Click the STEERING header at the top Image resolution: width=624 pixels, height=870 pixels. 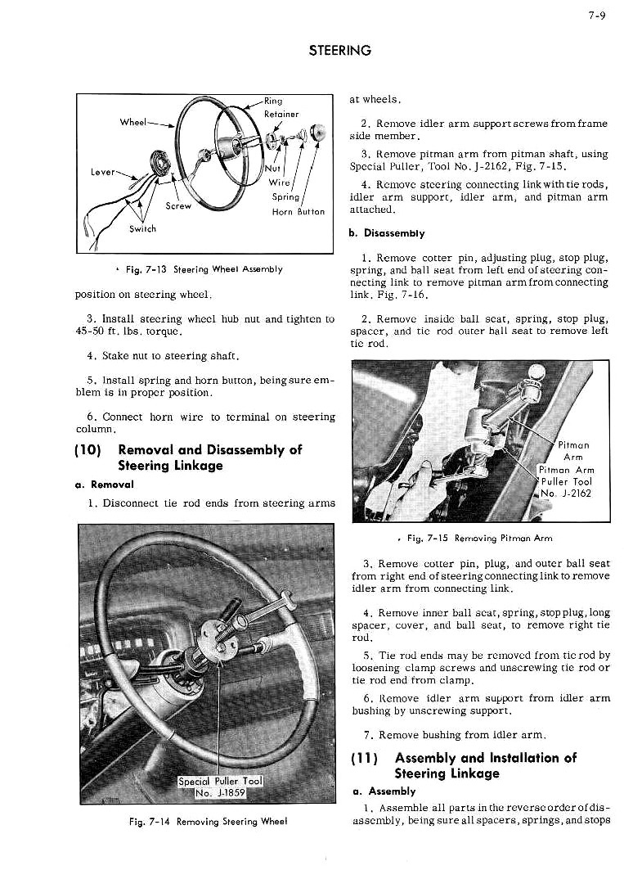(340, 51)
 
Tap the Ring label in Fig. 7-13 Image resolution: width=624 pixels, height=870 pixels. (273, 102)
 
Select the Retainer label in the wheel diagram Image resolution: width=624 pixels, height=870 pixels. (281, 115)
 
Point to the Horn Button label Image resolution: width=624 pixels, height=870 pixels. (299, 211)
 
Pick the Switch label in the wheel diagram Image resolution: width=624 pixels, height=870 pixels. (144, 229)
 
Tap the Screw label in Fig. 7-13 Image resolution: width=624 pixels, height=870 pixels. (178, 206)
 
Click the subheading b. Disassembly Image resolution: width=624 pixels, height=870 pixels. (386, 233)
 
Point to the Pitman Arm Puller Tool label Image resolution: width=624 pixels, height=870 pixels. (566, 481)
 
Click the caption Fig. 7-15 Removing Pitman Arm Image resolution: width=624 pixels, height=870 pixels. (480, 538)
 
